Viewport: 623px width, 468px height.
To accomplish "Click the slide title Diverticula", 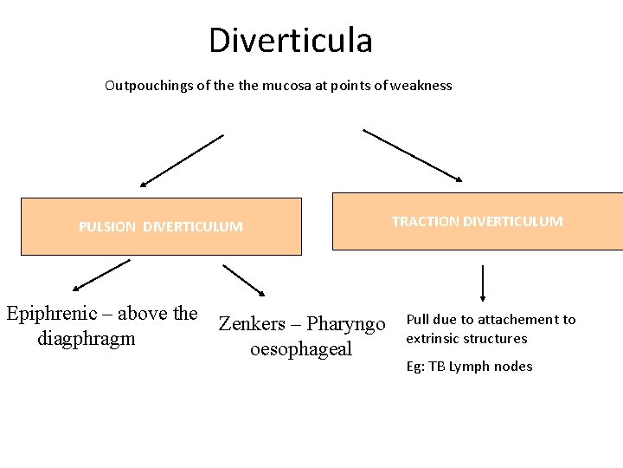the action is point(290,41).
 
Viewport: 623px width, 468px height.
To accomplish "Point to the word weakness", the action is point(422,86).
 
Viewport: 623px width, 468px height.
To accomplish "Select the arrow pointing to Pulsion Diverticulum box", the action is point(182,160).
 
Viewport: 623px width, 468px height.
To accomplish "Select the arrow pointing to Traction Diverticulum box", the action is point(412,155).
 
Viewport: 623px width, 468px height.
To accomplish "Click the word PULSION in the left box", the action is point(107,227).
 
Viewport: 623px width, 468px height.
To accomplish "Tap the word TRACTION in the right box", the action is point(426,221).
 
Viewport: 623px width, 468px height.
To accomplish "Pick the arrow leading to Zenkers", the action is point(245,280).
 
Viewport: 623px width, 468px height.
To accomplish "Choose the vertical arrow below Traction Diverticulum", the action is point(482,283).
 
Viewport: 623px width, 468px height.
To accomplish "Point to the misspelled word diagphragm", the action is point(87,339).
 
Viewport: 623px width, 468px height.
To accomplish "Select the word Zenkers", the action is point(252,324).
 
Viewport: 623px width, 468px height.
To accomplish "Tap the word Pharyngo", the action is point(345,325).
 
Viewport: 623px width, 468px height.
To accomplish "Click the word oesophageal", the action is point(301,349).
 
